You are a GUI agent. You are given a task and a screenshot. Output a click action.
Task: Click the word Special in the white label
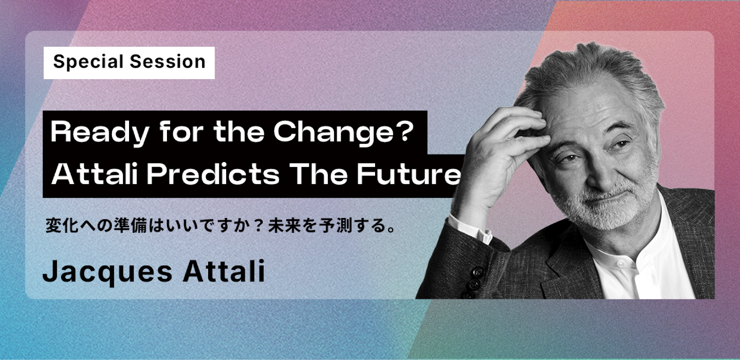click(x=88, y=62)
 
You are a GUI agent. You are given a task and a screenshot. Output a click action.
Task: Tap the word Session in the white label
click(x=167, y=62)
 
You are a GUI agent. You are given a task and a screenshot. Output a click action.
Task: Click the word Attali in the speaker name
click(x=224, y=271)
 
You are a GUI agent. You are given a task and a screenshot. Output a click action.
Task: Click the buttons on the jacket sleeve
click(x=474, y=283)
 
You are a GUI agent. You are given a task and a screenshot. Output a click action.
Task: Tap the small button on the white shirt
click(x=620, y=263)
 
